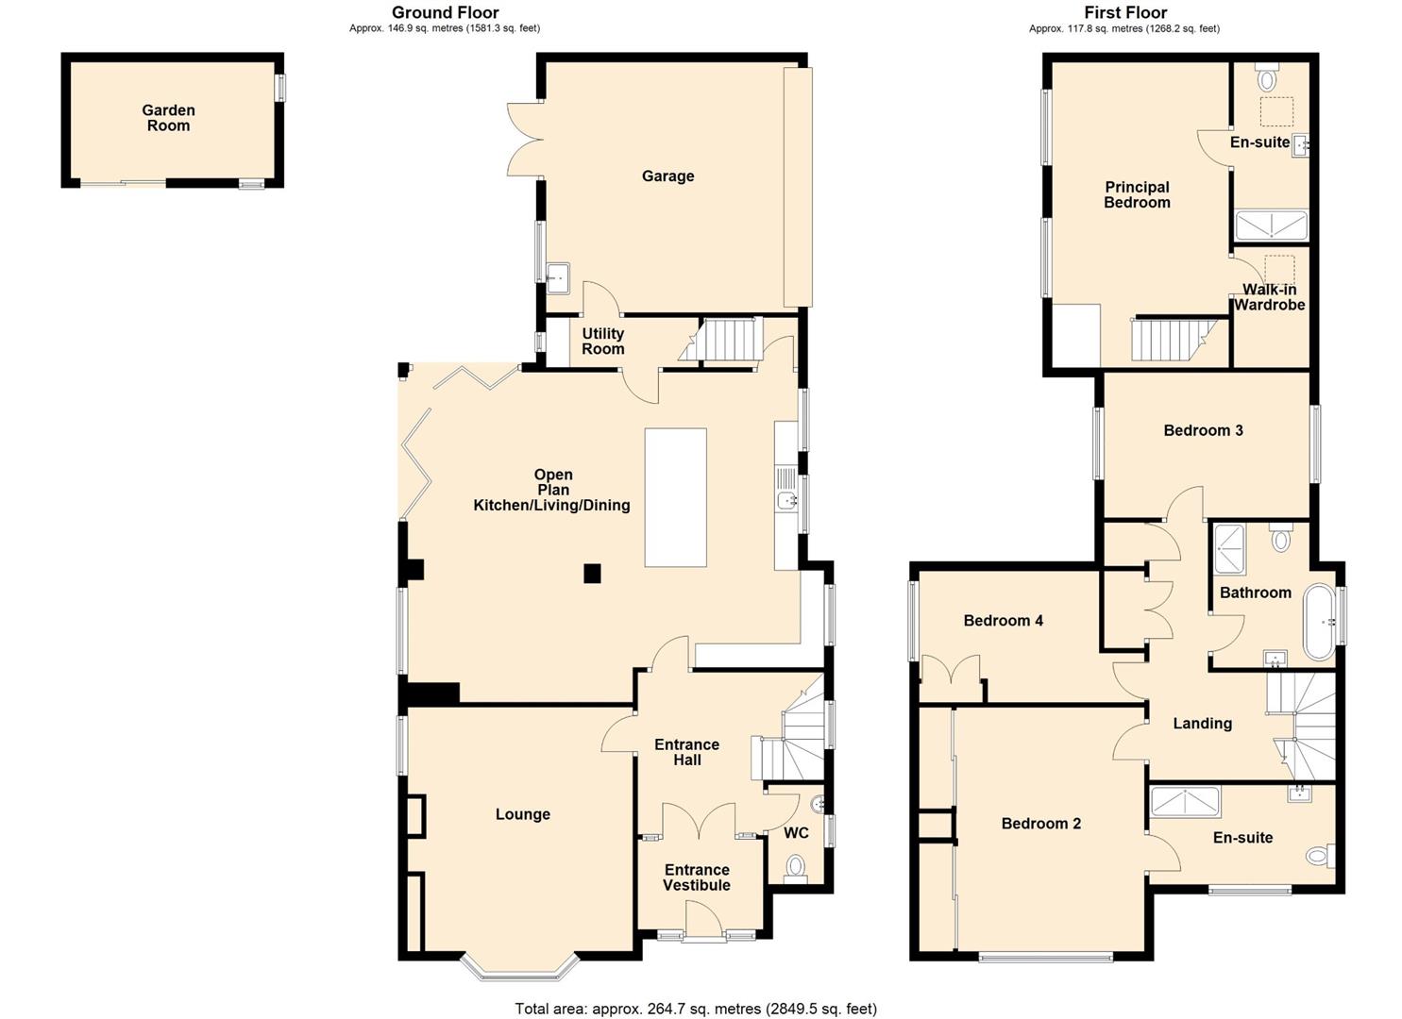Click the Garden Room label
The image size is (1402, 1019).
pos(168,118)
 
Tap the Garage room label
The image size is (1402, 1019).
pos(667,176)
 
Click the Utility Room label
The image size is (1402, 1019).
pos(602,341)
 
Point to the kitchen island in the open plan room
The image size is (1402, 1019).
pos(675,497)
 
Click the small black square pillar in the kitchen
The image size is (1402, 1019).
pos(592,573)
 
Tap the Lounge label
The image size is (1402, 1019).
pos(522,814)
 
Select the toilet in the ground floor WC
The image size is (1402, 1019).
pos(796,866)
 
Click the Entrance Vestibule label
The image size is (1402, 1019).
pos(697,877)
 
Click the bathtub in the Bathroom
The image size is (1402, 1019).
pos(1319,622)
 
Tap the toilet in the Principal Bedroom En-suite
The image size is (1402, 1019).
pos(1267,78)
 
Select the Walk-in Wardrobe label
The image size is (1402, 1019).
pos(1269,297)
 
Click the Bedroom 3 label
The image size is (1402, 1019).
pos(1203,430)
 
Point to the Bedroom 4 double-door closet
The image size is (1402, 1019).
pos(952,677)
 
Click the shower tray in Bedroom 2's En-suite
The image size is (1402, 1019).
pos(1185,802)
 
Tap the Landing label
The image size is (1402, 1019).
pos(1202,724)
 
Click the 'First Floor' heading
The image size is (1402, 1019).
pos(1124,12)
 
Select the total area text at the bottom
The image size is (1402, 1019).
pos(696,1009)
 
